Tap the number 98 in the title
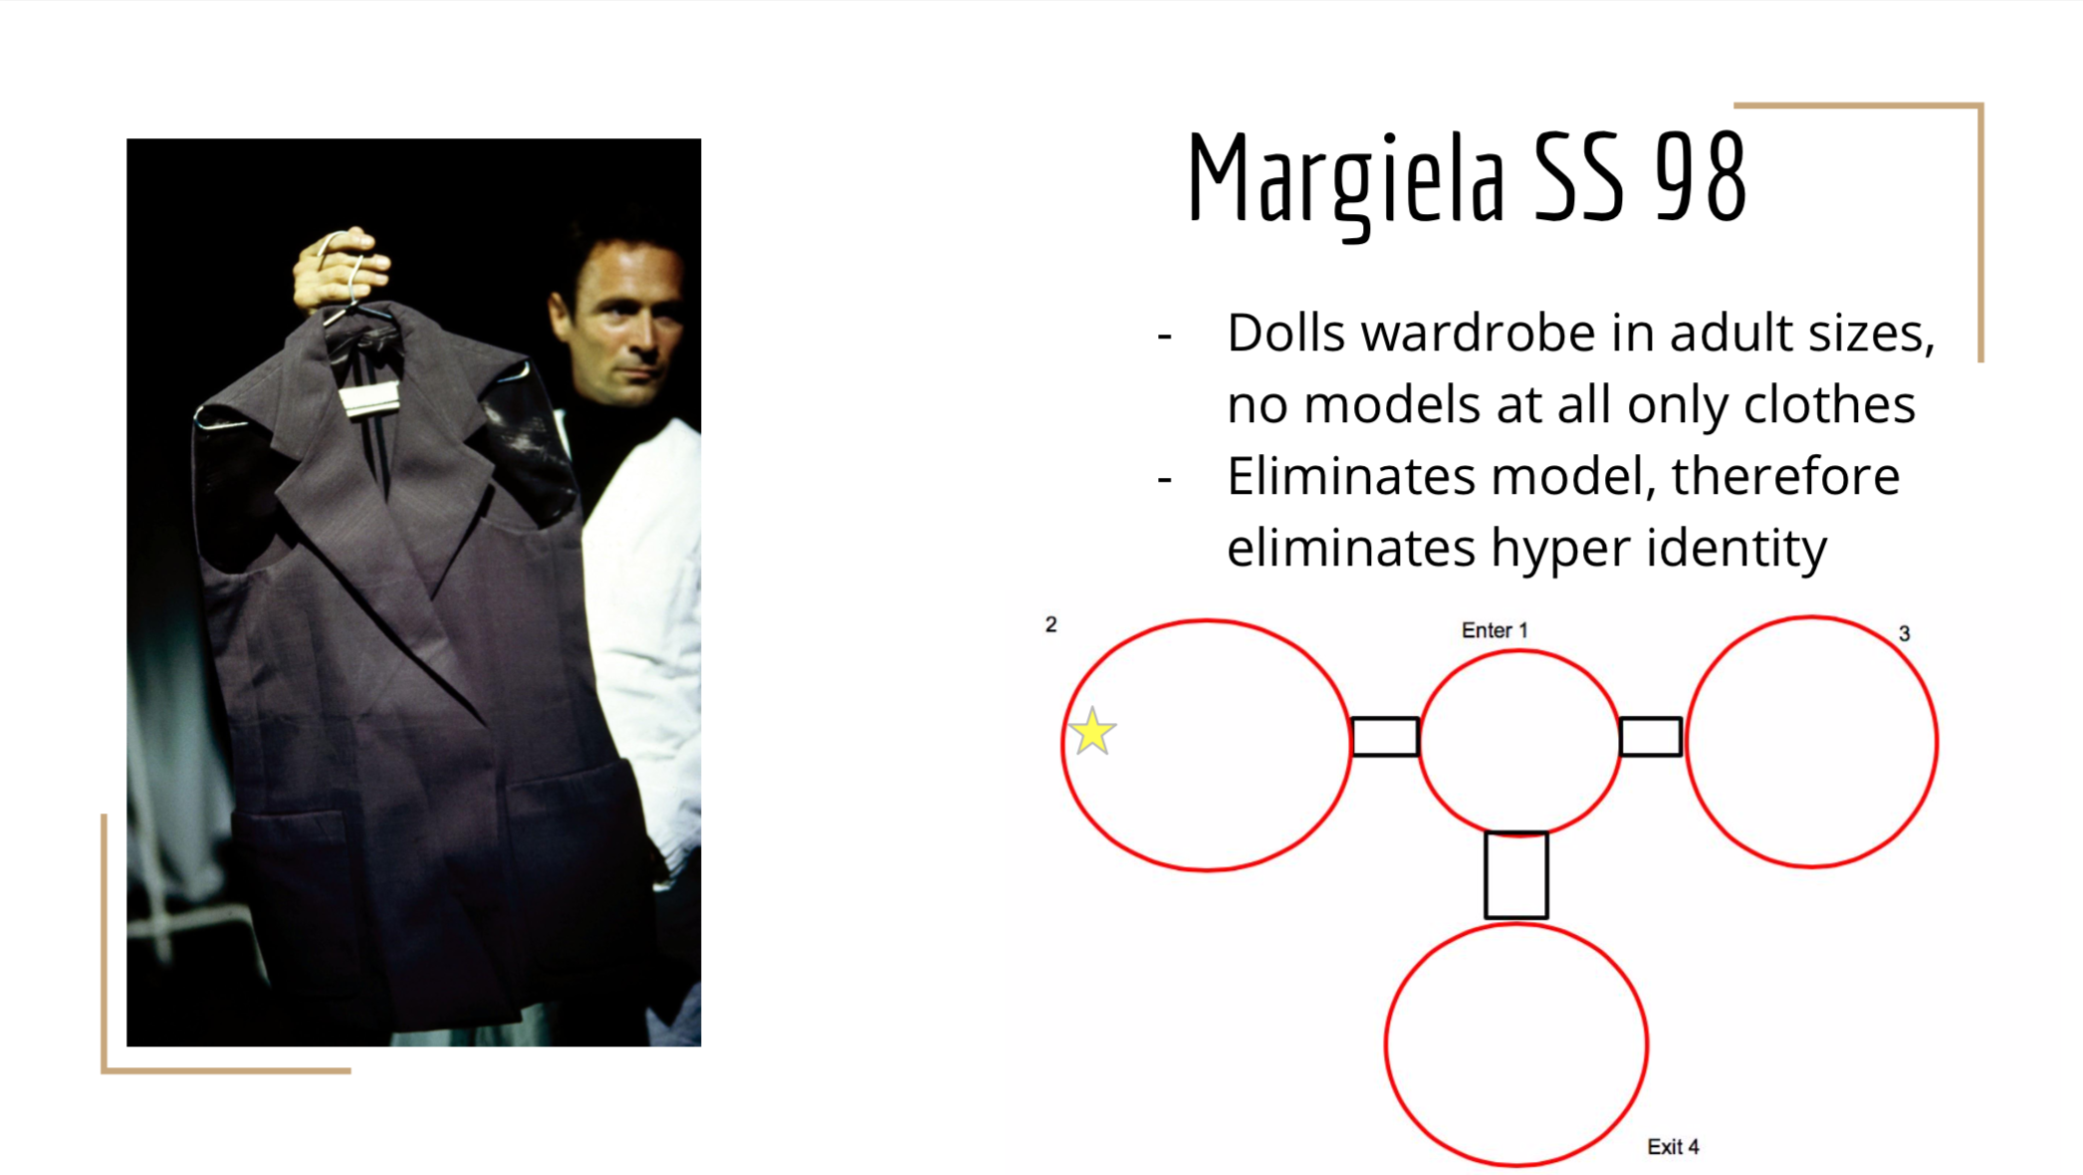point(1701,177)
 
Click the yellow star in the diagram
point(1092,732)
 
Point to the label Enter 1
point(1494,630)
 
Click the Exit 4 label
point(1673,1147)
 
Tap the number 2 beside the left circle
point(1050,624)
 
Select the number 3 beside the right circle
point(1904,633)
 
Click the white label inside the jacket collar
point(369,399)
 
